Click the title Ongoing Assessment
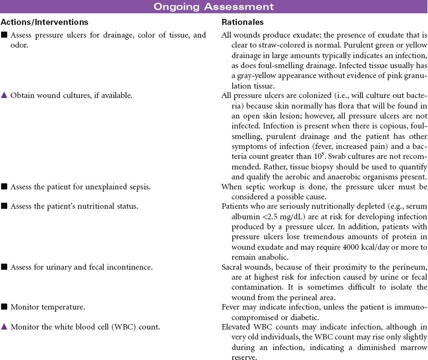213,7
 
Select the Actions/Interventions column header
44,22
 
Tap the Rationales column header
242,22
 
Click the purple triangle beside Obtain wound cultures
4,96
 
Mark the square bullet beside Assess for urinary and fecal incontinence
4,267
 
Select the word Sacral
232,267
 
